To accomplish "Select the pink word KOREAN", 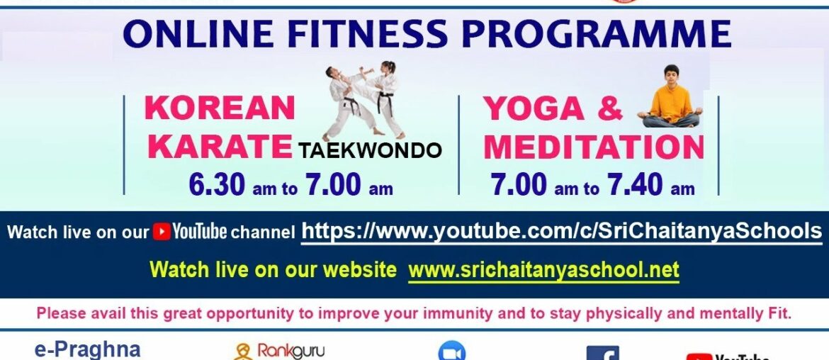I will tap(220, 108).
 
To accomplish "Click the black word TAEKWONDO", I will tap(370, 150).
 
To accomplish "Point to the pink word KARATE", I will tap(220, 147).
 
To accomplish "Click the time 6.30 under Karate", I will tap(217, 185).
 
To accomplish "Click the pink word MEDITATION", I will tap(594, 147).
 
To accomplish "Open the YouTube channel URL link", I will tap(562, 231).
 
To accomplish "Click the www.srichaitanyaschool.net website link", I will tap(543, 269).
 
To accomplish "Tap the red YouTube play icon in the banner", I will tap(162, 232).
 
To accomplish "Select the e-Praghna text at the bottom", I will tap(87, 349).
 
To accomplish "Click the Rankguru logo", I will tap(279, 351).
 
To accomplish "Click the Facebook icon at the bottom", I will tap(602, 353).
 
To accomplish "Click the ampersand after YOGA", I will tap(609, 108).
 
